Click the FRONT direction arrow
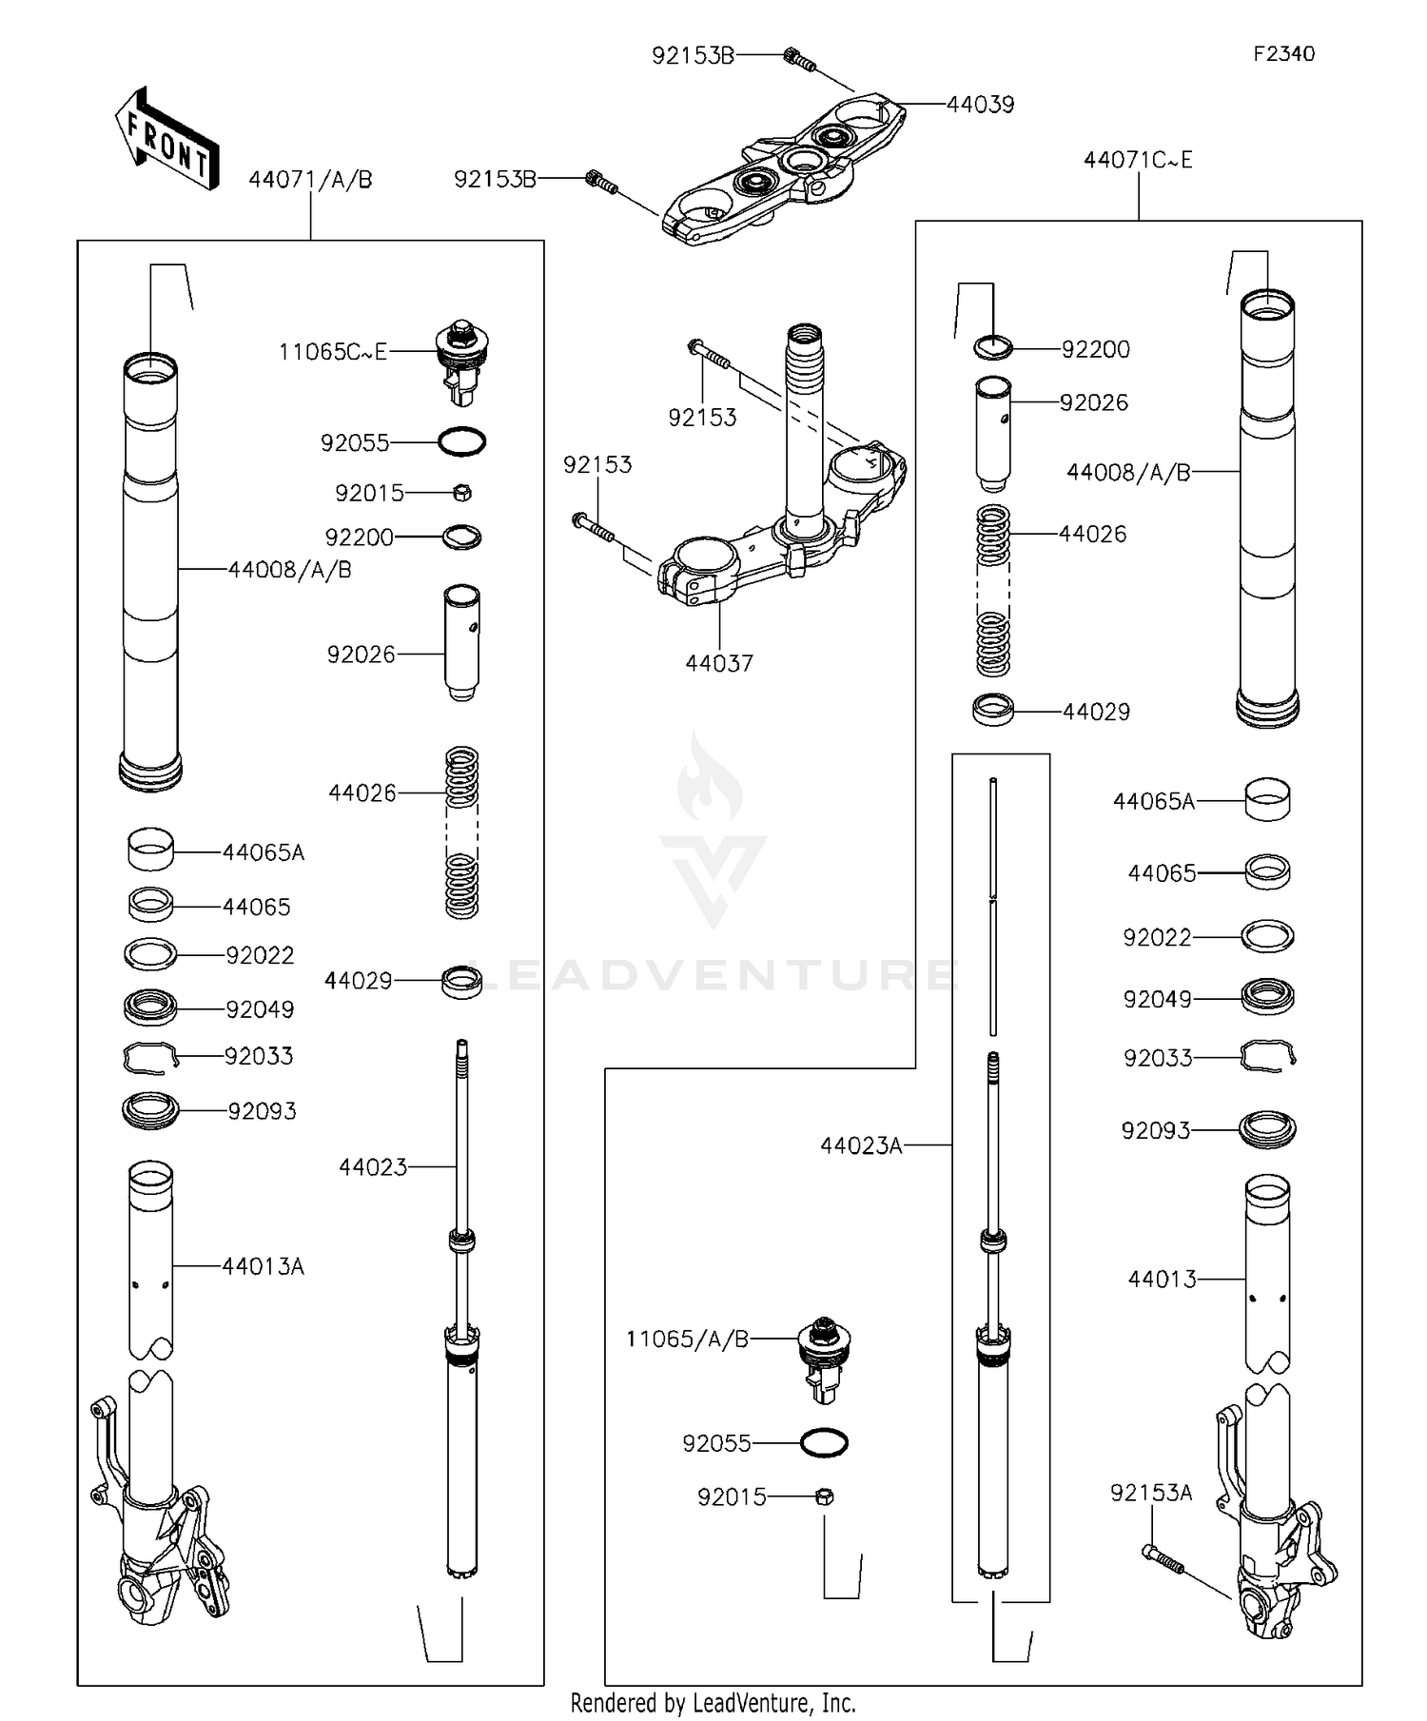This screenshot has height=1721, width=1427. tap(167, 140)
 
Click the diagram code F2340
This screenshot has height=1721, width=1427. tap(1283, 54)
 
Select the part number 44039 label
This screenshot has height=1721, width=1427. tap(980, 105)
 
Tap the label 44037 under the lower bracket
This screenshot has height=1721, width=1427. tap(719, 663)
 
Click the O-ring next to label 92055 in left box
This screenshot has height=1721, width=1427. tap(461, 441)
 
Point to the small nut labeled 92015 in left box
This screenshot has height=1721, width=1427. tap(461, 493)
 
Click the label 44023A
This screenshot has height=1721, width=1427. tap(861, 1146)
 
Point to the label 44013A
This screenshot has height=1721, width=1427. tap(263, 1266)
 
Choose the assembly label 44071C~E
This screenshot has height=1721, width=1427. tap(1138, 160)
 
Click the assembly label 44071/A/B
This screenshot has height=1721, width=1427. tap(310, 179)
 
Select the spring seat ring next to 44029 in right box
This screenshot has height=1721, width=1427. tap(993, 710)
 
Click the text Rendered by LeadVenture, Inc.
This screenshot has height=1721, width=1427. tap(713, 1702)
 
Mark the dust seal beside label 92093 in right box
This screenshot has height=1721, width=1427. tap(1268, 1129)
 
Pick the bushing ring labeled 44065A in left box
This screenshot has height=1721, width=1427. tap(150, 849)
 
